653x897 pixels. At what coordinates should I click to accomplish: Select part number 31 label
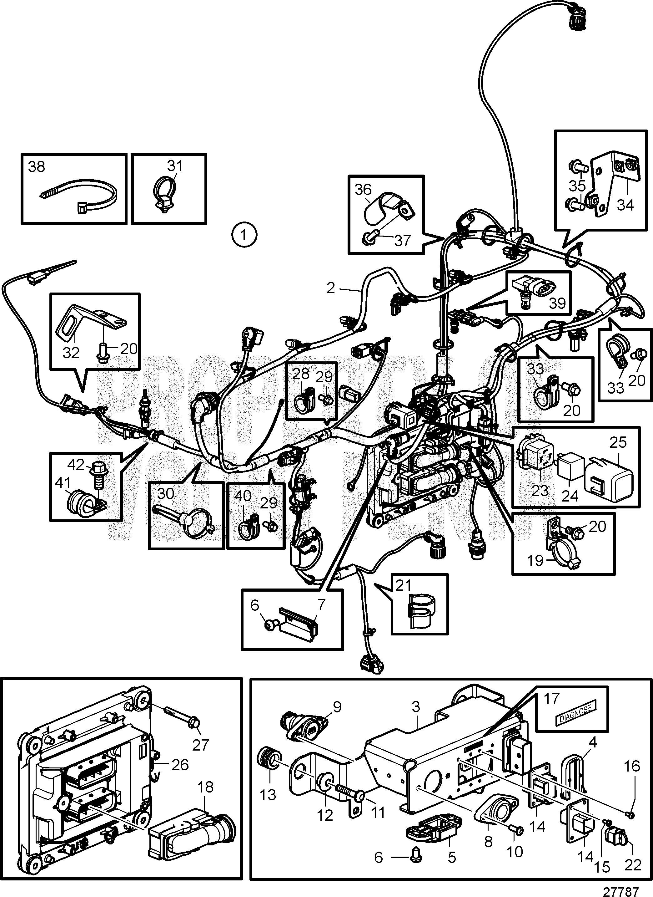[x=175, y=166]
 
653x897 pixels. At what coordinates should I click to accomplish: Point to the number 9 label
[x=337, y=706]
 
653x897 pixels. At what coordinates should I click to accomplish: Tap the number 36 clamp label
[x=363, y=190]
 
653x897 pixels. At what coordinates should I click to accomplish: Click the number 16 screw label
[x=631, y=767]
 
